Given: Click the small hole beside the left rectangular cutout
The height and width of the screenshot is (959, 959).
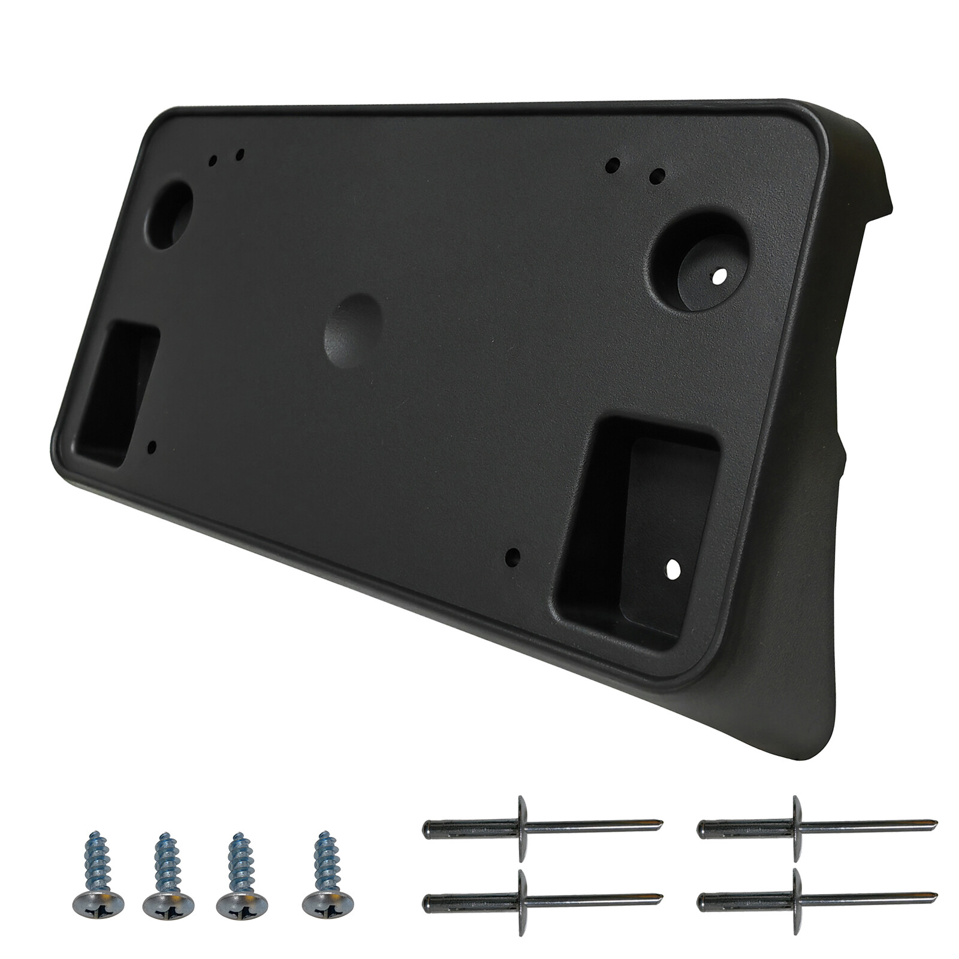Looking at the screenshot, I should click(x=152, y=446).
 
